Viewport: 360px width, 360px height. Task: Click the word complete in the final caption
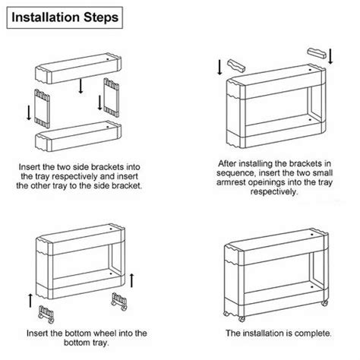[311, 333]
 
